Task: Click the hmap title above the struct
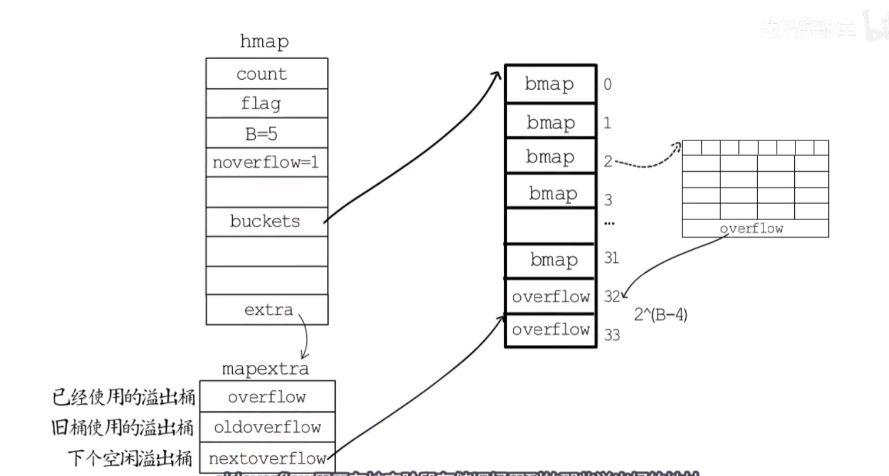[x=264, y=42]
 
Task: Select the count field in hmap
[x=266, y=73]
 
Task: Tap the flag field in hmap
[x=266, y=103]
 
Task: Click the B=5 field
[x=266, y=133]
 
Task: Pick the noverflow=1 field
[x=266, y=162]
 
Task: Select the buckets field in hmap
[x=266, y=221]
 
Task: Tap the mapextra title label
[x=265, y=369]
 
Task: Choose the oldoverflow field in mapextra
[x=267, y=428]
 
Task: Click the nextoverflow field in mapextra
[x=267, y=458]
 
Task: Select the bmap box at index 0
[x=550, y=84]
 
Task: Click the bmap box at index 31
[x=550, y=260]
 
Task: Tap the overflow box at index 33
[x=550, y=330]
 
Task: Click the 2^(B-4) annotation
[x=661, y=315]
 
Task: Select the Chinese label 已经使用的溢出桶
[x=124, y=397]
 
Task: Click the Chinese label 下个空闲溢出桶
[x=130, y=458]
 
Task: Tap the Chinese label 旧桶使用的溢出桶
[x=124, y=428]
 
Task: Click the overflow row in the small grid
[x=755, y=229]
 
